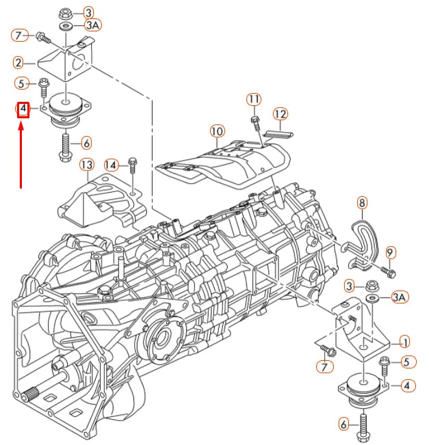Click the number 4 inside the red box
(x=23, y=109)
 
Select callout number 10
(x=217, y=130)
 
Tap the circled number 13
(x=86, y=165)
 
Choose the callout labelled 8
(x=362, y=202)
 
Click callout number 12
(x=281, y=113)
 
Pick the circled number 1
(x=405, y=342)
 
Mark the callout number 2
(x=19, y=63)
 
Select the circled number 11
(x=254, y=99)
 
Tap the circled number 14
(x=112, y=165)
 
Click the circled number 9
(x=390, y=252)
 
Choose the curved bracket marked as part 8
(x=359, y=237)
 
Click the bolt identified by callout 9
(x=387, y=272)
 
